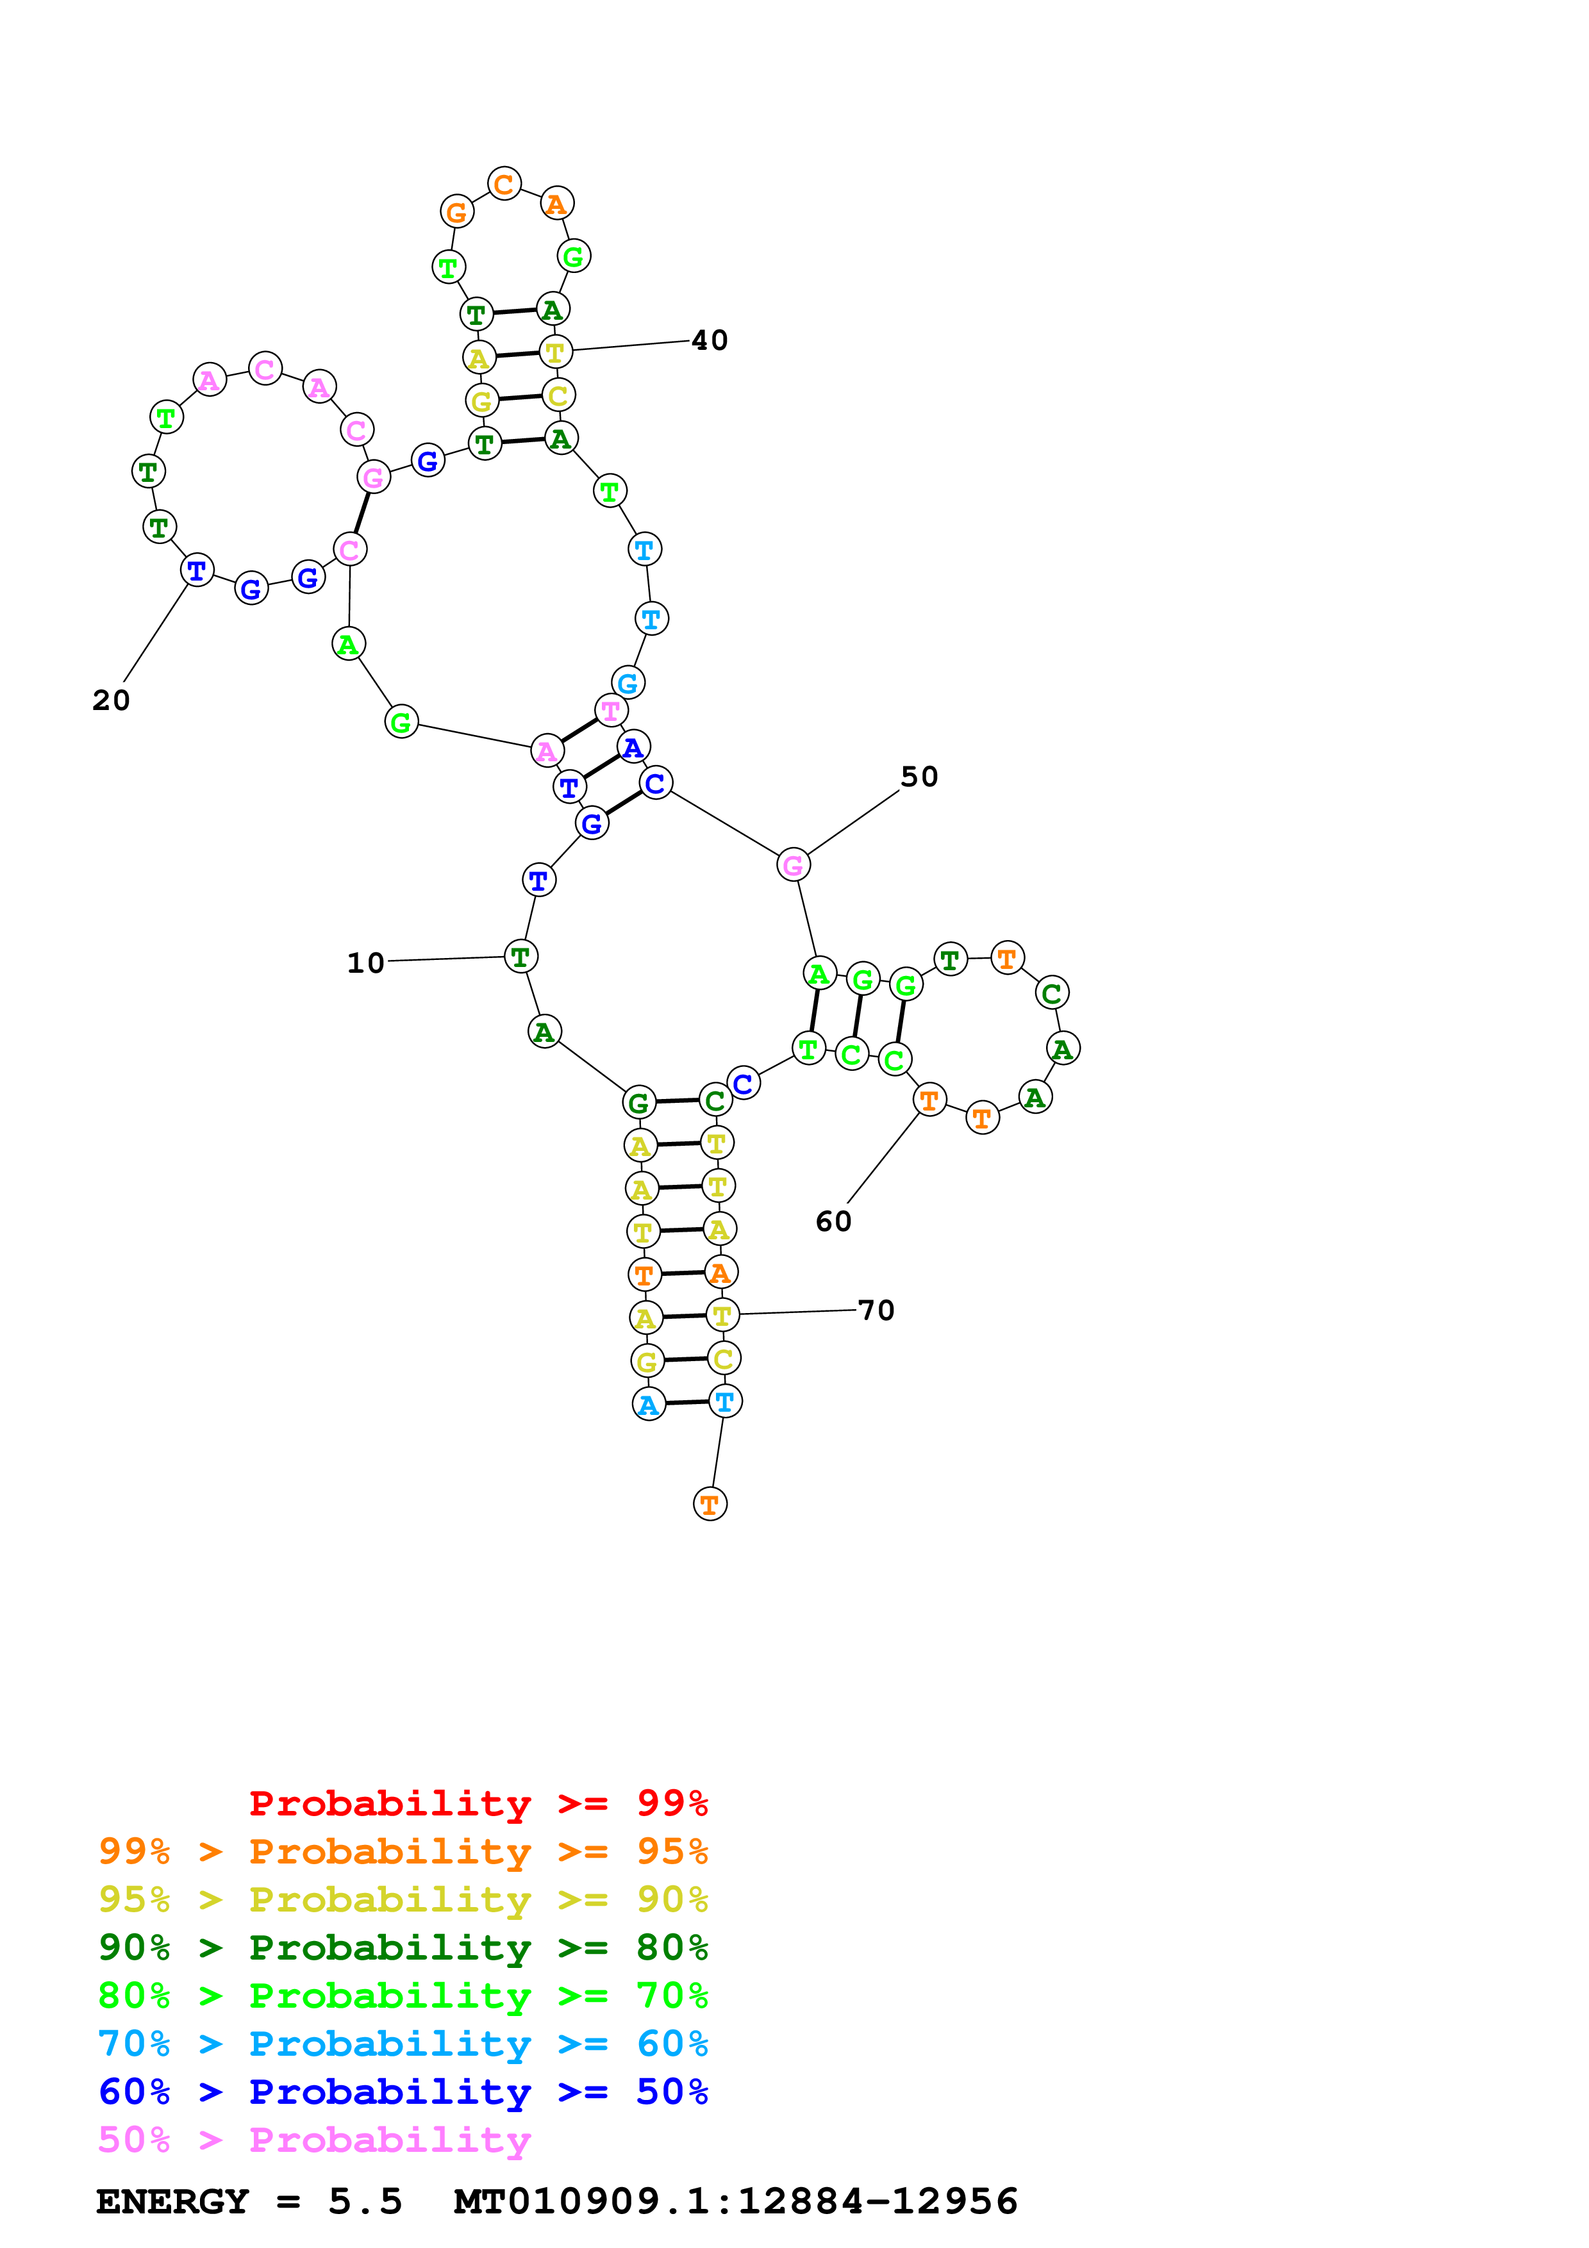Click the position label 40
coord(709,341)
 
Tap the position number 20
coord(111,700)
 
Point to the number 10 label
coord(365,963)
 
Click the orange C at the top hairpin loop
coord(504,183)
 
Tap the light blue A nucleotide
coord(648,1404)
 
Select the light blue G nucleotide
coord(628,682)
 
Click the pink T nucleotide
coord(611,710)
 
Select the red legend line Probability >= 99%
coord(478,1803)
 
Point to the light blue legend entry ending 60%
coord(403,2044)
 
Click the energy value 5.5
coord(365,2201)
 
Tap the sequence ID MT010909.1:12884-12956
coord(735,2201)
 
